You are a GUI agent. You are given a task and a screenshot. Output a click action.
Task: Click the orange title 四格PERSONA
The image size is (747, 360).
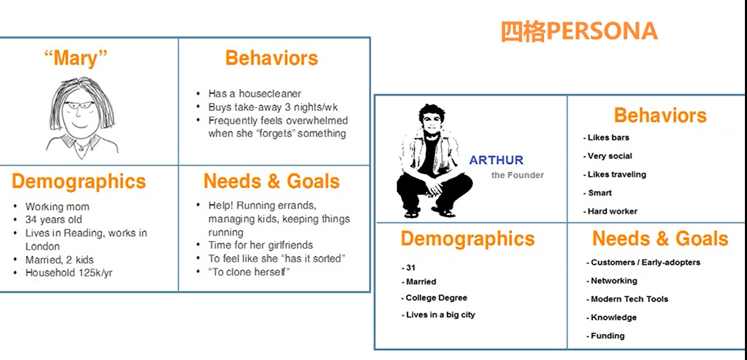579,31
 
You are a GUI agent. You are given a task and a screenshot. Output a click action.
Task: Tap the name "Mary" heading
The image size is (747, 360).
76,58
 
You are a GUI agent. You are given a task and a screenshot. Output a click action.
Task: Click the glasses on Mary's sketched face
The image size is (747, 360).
79,105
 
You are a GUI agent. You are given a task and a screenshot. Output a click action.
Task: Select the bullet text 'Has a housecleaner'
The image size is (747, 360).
254,93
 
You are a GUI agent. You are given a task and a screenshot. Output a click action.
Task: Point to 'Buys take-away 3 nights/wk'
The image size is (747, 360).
273,107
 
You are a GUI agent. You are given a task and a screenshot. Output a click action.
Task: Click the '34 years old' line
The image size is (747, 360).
54,220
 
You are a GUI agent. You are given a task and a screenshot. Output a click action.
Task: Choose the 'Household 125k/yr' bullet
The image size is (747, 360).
69,273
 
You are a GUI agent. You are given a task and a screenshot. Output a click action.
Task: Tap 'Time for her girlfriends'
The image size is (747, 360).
261,245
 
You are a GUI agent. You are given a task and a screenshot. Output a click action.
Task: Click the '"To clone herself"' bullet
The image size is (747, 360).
249,272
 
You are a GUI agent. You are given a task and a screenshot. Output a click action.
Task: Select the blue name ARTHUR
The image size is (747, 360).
496,160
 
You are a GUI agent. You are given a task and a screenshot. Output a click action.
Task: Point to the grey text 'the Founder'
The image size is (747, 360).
517,175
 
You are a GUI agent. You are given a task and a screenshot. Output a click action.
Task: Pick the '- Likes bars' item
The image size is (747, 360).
606,138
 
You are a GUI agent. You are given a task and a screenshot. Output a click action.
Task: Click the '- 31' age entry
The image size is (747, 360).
409,268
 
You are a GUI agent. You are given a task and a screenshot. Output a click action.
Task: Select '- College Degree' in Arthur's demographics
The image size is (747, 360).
434,298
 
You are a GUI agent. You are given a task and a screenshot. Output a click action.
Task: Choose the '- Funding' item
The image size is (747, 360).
606,336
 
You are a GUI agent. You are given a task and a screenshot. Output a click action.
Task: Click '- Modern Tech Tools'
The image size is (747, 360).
627,299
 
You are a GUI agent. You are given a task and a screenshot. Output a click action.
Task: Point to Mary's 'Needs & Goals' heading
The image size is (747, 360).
271,182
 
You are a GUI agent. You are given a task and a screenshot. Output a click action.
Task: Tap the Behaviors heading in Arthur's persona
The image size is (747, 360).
660,116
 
